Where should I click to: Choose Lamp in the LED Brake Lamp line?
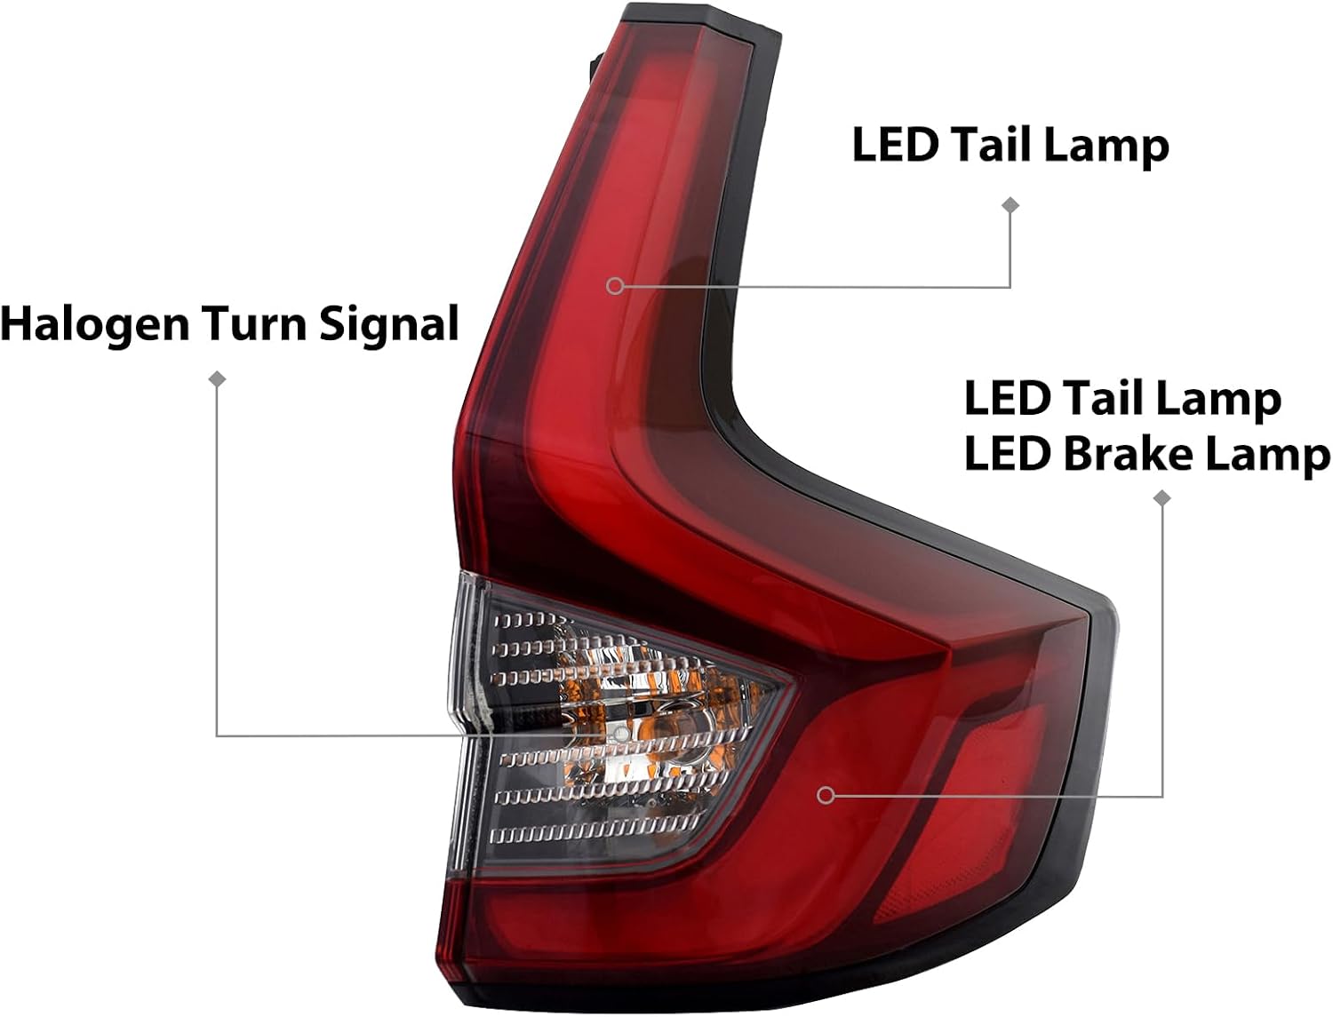coord(1270,457)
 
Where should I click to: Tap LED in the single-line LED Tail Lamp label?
coord(896,145)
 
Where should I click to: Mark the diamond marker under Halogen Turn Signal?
coord(217,379)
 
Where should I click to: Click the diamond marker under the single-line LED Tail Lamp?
coord(1010,205)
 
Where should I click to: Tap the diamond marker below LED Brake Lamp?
coord(1162,498)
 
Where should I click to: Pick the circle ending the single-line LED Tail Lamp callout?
coord(615,286)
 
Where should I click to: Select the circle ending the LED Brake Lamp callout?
coord(826,795)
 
